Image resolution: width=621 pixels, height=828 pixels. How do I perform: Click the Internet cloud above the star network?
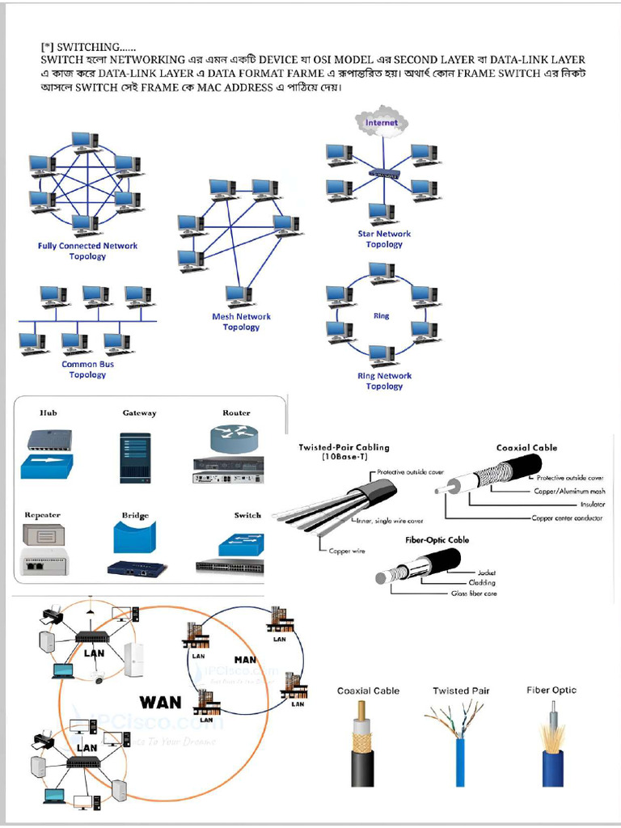[382, 123]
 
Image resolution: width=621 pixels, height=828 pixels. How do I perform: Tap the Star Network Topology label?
[384, 239]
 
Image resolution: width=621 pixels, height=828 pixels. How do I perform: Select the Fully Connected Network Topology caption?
[87, 251]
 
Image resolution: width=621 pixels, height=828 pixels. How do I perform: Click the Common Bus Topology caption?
[87, 370]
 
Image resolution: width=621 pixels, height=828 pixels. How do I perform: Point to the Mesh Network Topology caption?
[241, 322]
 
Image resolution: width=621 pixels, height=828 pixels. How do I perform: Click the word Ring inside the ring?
[382, 316]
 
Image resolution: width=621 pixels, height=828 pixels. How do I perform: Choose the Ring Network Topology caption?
[384, 381]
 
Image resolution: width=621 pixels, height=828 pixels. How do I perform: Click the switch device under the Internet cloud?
[383, 173]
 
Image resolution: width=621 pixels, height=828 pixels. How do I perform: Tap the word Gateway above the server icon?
[139, 413]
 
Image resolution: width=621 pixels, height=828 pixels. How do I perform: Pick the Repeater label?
[42, 515]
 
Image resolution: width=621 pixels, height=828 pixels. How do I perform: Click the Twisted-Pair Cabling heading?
[344, 451]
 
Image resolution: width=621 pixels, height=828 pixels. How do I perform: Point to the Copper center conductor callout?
[567, 517]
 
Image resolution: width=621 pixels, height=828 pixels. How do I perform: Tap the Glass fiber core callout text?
[474, 594]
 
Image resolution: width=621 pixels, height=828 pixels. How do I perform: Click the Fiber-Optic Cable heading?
[437, 539]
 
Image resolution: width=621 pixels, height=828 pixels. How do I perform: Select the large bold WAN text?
[160, 700]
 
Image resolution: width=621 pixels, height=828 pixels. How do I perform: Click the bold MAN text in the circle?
[244, 660]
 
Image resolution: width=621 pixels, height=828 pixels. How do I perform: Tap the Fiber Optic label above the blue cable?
[551, 690]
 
